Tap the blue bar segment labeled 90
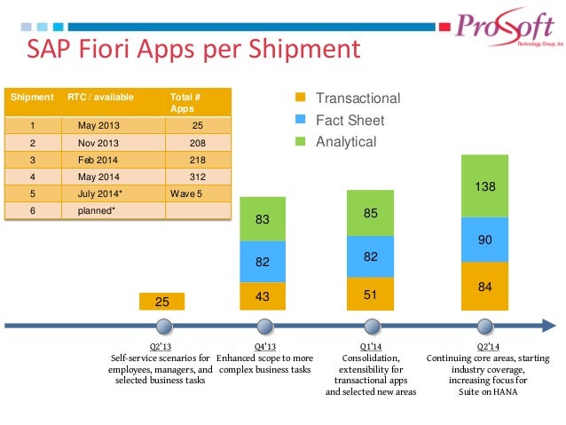click(x=484, y=239)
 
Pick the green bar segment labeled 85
click(x=372, y=213)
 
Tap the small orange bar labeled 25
click(x=162, y=302)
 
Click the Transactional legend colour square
click(x=300, y=98)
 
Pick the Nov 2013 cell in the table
click(x=97, y=141)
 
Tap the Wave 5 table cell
click(x=187, y=192)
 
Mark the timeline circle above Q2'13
click(x=161, y=326)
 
